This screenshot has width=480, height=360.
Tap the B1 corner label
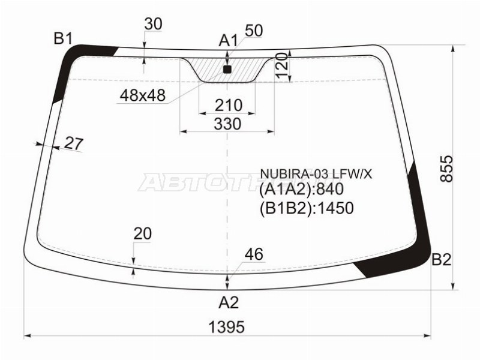63,39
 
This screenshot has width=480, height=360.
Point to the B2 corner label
442,260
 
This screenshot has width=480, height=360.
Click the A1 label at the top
228,41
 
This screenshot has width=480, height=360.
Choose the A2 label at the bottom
228,302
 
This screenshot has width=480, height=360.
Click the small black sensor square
227,70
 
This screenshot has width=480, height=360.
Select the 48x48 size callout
142,95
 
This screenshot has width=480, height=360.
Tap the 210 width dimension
228,106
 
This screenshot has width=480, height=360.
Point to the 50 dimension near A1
254,31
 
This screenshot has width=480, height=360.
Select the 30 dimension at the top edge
154,23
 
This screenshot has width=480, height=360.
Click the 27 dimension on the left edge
73,143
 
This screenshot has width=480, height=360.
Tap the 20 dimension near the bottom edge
142,233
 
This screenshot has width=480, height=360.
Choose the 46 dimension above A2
254,254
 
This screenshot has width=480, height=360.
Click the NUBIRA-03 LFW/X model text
316,174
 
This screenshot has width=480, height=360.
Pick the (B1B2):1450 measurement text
306,208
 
